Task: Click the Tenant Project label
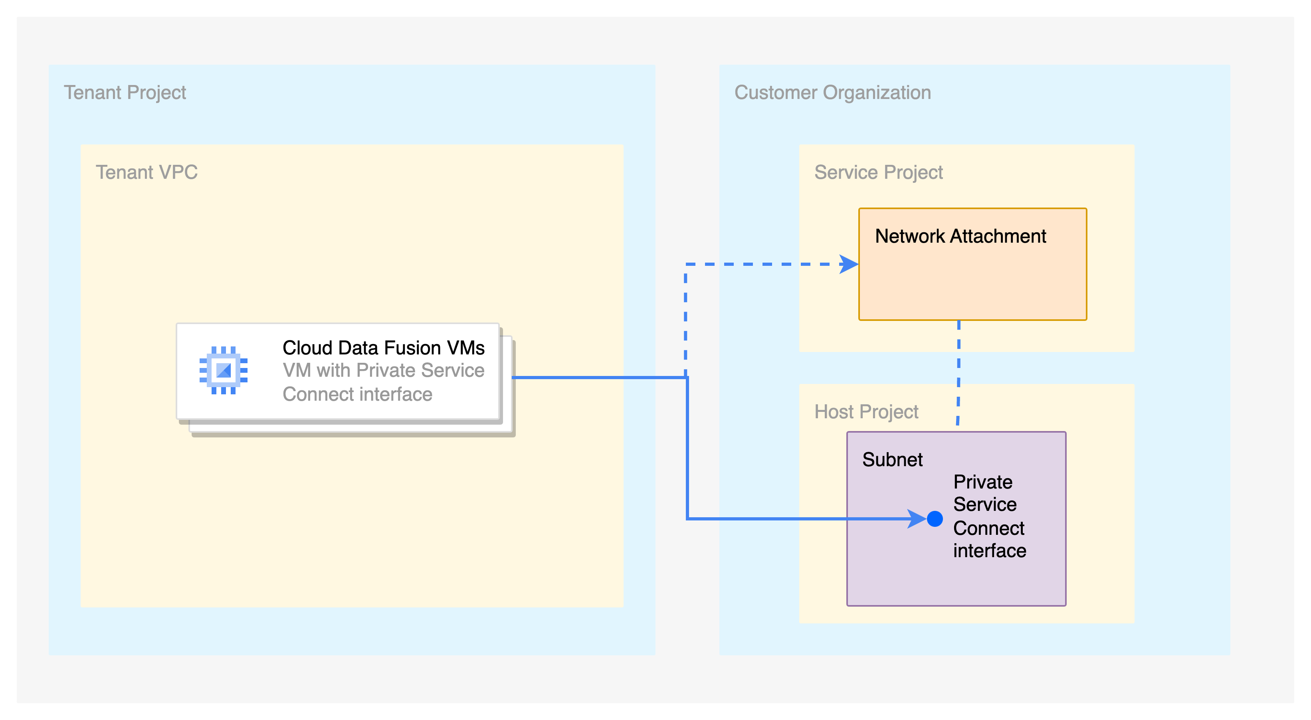click(125, 93)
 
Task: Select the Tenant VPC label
click(147, 172)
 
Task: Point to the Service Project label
click(878, 172)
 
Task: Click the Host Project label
click(866, 411)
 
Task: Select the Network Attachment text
click(960, 236)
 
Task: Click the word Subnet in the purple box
click(892, 459)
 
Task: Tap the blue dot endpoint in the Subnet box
click(935, 519)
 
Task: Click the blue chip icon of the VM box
click(224, 370)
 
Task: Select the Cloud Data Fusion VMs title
click(383, 348)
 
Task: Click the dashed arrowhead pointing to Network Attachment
click(849, 264)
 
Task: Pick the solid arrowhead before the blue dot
click(917, 519)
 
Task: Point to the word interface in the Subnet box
click(989, 551)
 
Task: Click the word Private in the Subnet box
click(983, 482)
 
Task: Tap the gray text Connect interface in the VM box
click(357, 394)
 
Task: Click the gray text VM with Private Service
click(383, 370)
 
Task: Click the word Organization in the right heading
click(877, 93)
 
